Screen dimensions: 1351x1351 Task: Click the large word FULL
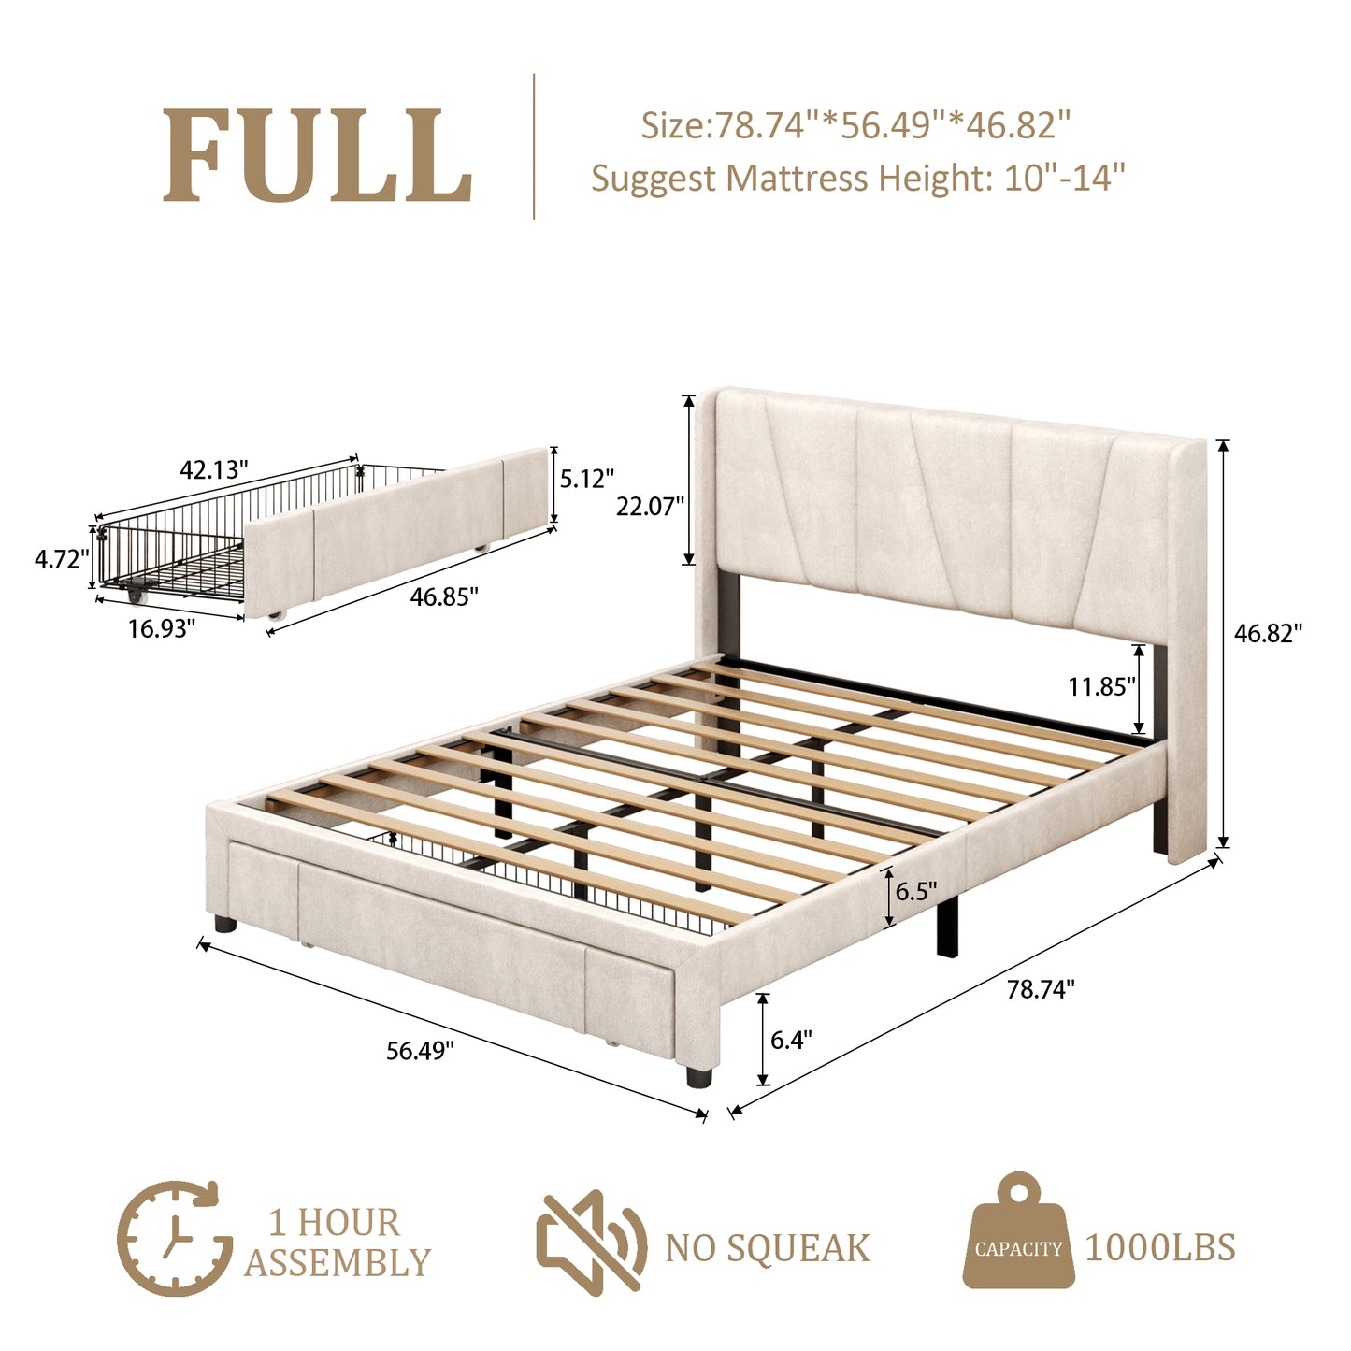[x=317, y=155]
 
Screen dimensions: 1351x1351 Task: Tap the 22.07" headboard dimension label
[x=650, y=506]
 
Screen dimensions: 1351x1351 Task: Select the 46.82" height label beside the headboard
[x=1268, y=633]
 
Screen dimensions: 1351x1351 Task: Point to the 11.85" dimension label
[x=1101, y=687]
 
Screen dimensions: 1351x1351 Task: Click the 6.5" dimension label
[x=915, y=891]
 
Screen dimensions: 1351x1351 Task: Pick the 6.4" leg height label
[x=791, y=1039]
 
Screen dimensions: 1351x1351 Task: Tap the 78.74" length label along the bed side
[x=1041, y=989]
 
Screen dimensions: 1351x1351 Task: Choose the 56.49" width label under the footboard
[x=420, y=1050]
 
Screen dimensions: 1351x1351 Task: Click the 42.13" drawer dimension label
[x=214, y=469]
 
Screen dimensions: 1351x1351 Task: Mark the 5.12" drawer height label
[x=586, y=479]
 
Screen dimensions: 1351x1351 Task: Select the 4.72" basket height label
[x=62, y=559]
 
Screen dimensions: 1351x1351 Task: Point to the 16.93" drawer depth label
[x=162, y=628]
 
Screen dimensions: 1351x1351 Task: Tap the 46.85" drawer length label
[x=444, y=596]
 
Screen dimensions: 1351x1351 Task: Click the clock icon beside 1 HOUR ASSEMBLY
[x=174, y=1238]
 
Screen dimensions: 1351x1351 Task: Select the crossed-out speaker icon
[x=591, y=1242]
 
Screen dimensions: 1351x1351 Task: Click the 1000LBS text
[x=1159, y=1248]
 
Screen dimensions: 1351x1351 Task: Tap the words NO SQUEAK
[x=767, y=1248]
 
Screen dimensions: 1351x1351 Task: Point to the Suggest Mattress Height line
[x=857, y=178]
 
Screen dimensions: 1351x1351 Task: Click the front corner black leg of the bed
[x=698, y=1075]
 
